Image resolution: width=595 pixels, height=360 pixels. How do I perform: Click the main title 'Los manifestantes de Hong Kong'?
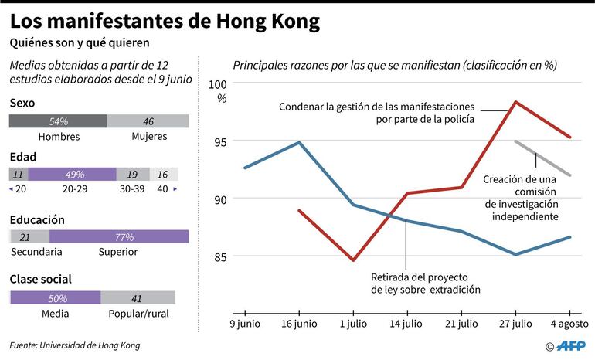pos(165,22)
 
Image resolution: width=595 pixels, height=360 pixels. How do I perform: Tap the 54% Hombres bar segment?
pos(58,121)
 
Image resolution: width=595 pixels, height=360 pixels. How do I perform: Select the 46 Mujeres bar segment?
pos(148,121)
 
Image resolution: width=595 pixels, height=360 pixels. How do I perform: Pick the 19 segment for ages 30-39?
pos(132,174)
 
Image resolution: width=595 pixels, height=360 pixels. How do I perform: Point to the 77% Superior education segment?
pos(119,236)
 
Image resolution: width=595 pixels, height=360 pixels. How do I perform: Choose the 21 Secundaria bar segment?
pos(29,236)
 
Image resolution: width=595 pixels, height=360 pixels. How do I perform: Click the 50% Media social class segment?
pos(55,297)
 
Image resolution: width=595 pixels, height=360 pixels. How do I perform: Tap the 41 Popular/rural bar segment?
pos(138,297)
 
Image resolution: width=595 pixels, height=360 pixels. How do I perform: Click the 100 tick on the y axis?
pos(219,84)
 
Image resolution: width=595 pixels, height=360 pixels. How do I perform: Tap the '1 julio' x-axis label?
pos(352,322)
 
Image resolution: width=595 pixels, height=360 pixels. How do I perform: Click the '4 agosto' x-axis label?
pos(569,322)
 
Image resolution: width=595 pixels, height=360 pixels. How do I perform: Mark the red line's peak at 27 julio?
pos(515,101)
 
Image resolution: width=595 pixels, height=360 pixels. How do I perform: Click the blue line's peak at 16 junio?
pos(299,142)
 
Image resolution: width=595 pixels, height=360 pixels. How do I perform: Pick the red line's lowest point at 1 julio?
pos(353,260)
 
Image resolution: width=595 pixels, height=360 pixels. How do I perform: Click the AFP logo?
pos(573,345)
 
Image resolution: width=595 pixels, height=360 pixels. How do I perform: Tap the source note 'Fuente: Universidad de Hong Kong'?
pos(76,345)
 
